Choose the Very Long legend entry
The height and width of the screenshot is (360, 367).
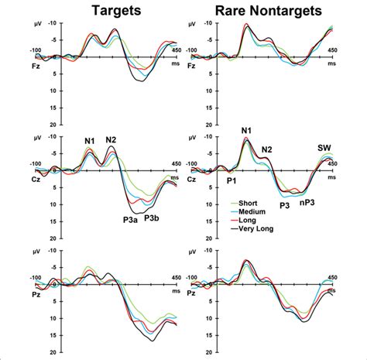pos(256,228)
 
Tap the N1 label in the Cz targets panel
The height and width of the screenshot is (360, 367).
pos(91,141)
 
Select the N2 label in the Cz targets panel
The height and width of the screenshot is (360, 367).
pos(111,140)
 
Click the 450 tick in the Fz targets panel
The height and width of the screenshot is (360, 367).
pos(176,50)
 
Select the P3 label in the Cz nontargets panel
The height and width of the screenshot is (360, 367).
pos(283,206)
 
